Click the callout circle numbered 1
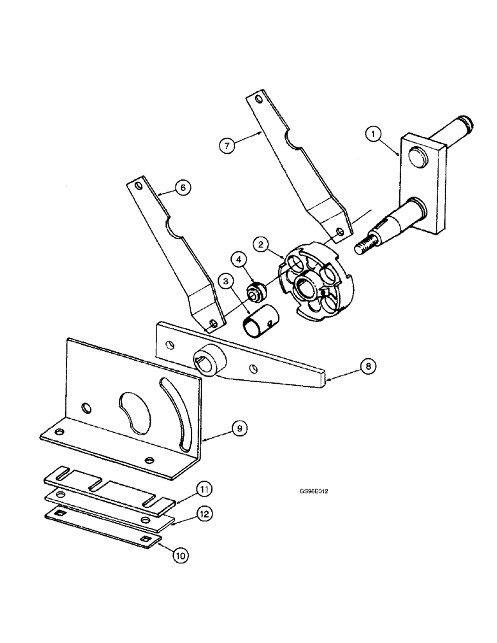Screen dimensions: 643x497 point(373,134)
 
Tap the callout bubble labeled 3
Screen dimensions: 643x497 point(225,280)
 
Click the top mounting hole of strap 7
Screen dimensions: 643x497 point(258,100)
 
